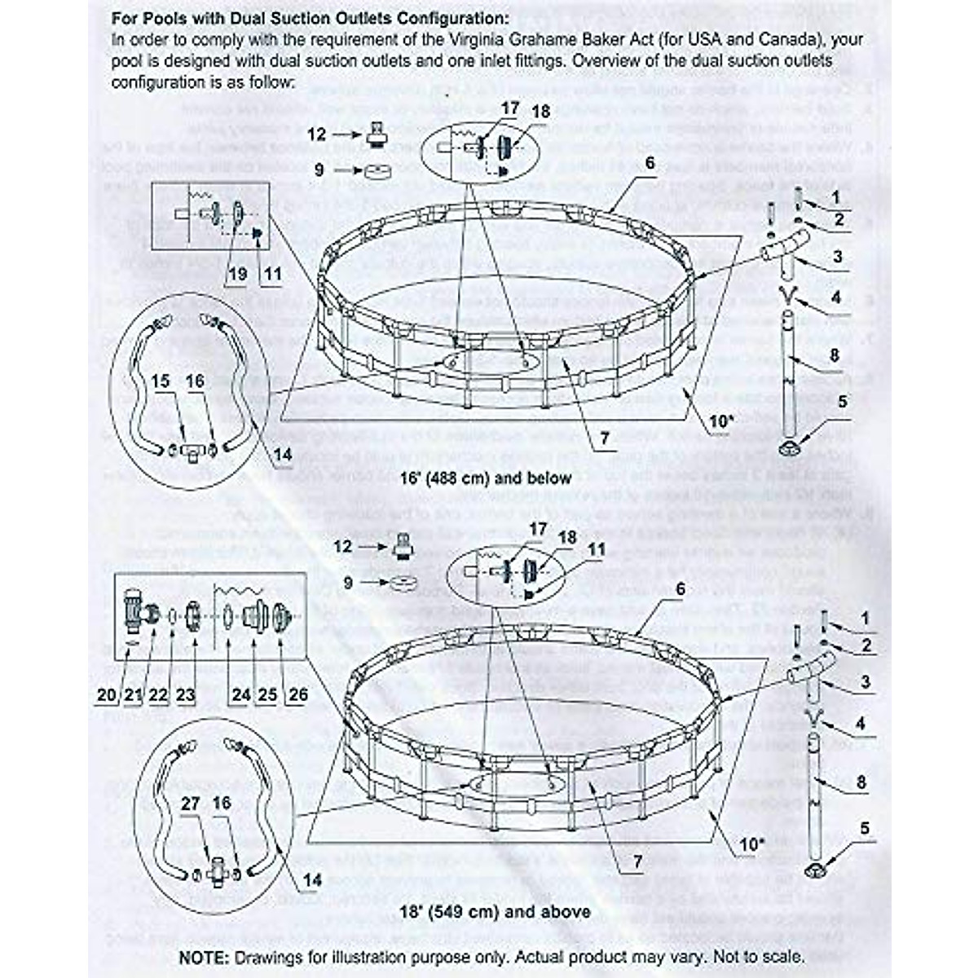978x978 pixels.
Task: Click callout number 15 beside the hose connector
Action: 161,381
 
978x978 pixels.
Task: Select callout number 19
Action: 237,274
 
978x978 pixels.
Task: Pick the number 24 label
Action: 240,694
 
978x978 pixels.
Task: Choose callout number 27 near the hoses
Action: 190,803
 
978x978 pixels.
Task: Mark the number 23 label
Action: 185,694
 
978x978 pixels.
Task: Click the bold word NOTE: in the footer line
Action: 205,956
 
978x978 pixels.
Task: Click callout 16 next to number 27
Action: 221,803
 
